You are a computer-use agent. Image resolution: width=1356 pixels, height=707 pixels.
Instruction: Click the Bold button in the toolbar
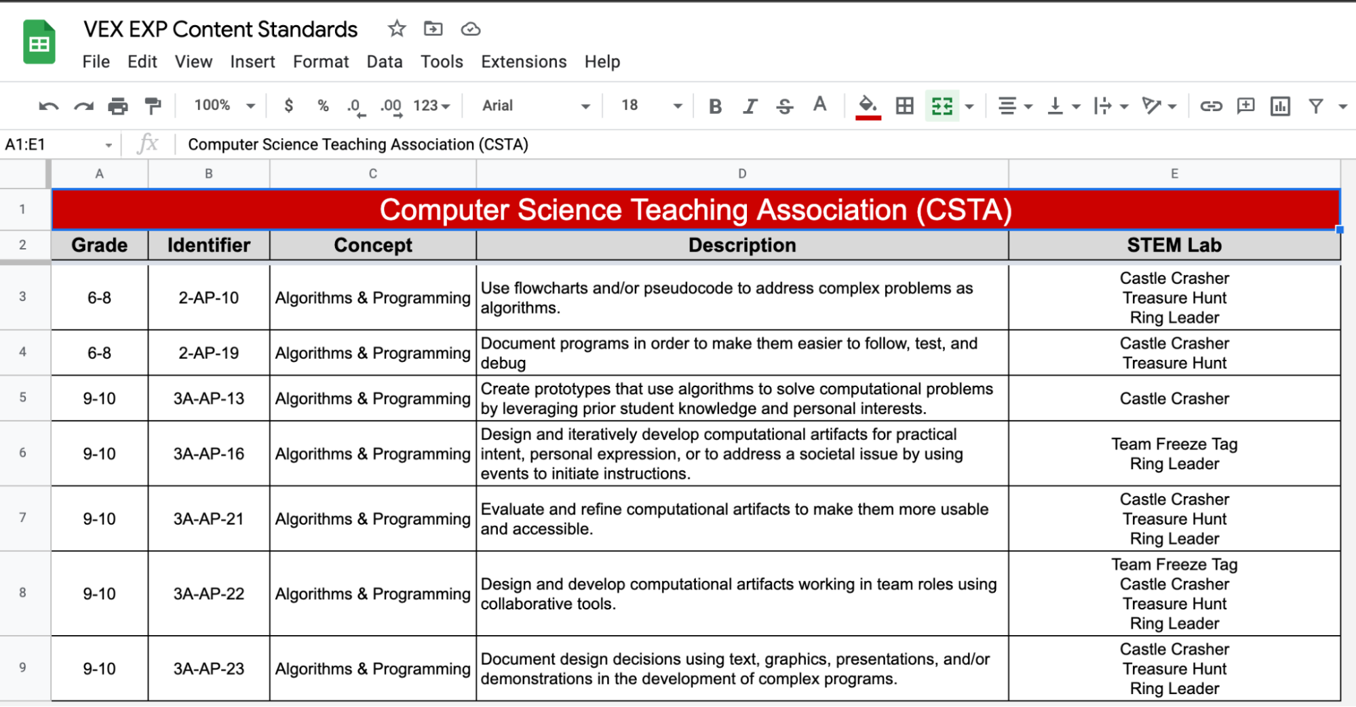pyautogui.click(x=715, y=106)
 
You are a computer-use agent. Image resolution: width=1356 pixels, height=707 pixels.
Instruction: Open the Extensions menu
pyautogui.click(x=523, y=62)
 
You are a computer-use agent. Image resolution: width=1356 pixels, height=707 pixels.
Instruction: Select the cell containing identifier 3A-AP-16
pyautogui.click(x=208, y=453)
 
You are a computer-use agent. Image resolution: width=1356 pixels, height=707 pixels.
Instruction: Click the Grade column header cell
pyautogui.click(x=99, y=245)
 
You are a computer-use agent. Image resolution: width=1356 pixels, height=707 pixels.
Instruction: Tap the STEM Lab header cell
pyautogui.click(x=1174, y=245)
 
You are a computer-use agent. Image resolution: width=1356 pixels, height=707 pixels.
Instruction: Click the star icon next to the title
pyautogui.click(x=397, y=29)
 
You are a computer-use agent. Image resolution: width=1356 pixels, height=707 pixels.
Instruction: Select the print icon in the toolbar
pyautogui.click(x=118, y=106)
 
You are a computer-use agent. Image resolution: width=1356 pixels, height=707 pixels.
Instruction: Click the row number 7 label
pyautogui.click(x=23, y=518)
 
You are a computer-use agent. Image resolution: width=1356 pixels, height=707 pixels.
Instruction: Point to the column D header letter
pyautogui.click(x=742, y=174)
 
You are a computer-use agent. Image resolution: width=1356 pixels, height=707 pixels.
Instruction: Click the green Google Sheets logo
pyautogui.click(x=39, y=43)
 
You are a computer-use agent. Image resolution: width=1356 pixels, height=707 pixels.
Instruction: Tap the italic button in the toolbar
pyautogui.click(x=750, y=106)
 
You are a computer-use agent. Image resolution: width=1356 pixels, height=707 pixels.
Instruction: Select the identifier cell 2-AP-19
pyautogui.click(x=208, y=353)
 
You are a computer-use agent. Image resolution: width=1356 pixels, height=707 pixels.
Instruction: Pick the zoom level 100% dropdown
pyautogui.click(x=223, y=106)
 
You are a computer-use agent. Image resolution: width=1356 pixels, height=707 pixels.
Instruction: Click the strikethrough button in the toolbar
pyautogui.click(x=785, y=106)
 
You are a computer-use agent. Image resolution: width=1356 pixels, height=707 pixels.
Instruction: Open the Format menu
pyautogui.click(x=320, y=62)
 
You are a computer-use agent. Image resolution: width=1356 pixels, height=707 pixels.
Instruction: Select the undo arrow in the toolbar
pyautogui.click(x=49, y=106)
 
